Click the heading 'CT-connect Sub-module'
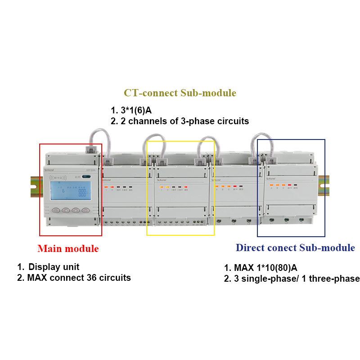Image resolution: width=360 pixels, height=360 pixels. [x=180, y=93]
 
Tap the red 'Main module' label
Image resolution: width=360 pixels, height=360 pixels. [x=68, y=248]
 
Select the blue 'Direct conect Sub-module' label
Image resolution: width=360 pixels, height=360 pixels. [x=295, y=247]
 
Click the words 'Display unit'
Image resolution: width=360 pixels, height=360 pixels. [x=54, y=267]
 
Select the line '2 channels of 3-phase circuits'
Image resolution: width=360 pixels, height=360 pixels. [x=184, y=121]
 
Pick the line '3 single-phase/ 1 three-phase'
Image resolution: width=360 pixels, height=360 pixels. [x=297, y=279]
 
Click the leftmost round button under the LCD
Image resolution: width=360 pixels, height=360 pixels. [x=55, y=210]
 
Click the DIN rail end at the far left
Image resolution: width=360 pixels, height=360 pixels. [x=35, y=184]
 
